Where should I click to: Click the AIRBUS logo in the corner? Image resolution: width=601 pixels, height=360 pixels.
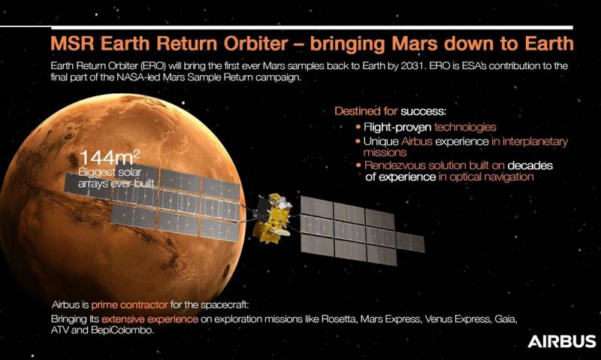point(561,340)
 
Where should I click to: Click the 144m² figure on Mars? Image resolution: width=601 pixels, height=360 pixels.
point(110,158)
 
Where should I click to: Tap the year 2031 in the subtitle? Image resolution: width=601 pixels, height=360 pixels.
point(412,66)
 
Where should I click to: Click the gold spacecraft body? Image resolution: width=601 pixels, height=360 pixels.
point(272,219)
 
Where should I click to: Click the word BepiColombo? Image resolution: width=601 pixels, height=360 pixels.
point(122,330)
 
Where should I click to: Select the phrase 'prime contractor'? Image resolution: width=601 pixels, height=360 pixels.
point(129,305)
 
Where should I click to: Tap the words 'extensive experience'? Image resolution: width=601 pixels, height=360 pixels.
point(149,319)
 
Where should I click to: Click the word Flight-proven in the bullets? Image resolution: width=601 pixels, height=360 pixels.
point(397,127)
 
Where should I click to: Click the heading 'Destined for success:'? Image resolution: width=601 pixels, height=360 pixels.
point(390,111)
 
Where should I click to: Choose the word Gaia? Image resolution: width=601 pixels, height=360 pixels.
point(506,319)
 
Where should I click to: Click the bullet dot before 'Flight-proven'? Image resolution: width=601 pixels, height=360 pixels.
point(358,127)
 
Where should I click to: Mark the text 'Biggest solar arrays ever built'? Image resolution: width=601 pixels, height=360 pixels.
point(116,178)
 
